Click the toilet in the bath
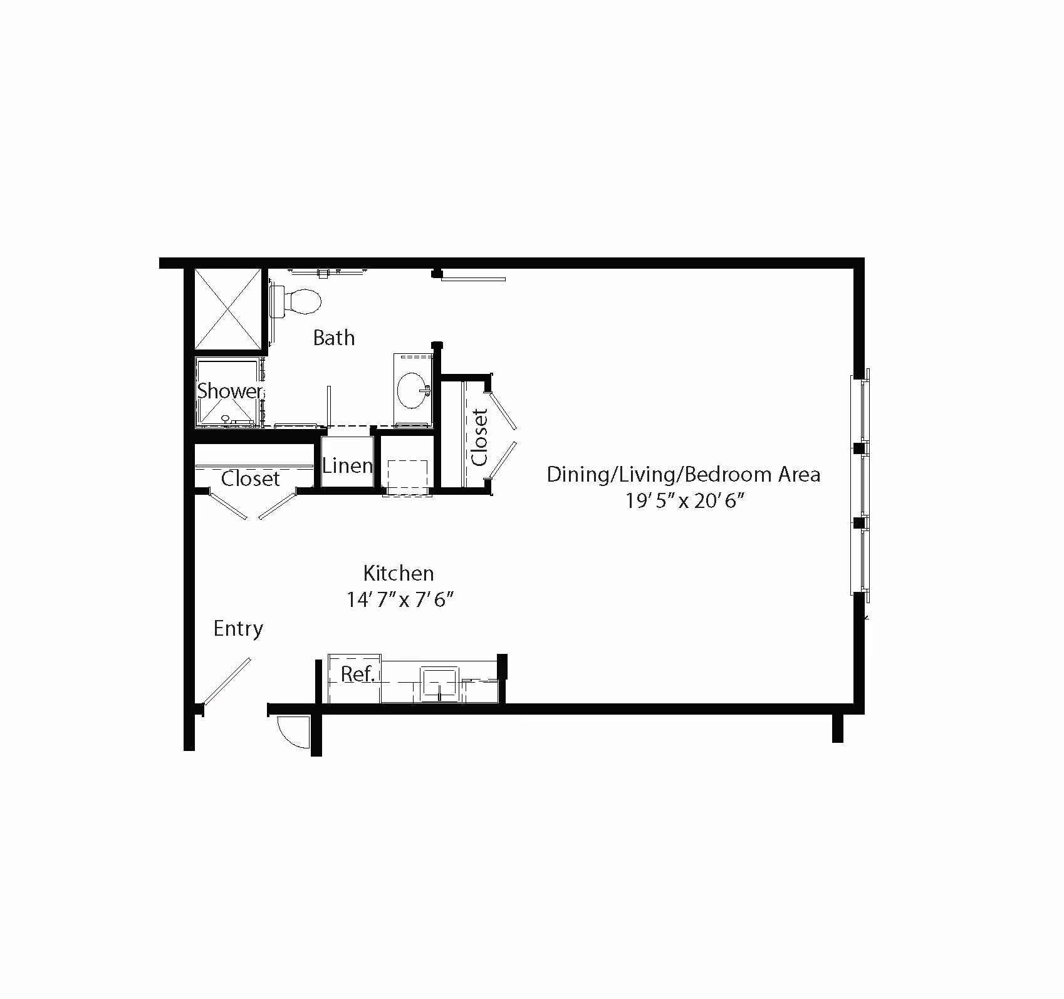(298, 301)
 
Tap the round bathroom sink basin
(413, 390)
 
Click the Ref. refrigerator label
(357, 674)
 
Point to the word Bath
(334, 338)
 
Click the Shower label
(230, 391)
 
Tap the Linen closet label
(347, 465)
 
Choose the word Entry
(238, 629)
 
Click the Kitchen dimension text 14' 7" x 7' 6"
(400, 599)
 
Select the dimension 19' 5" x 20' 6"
(684, 500)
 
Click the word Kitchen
(399, 572)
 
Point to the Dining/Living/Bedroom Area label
(684, 474)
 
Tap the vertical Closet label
(479, 437)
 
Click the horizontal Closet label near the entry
(251, 479)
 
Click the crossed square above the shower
(227, 309)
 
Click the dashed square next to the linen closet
(408, 477)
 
